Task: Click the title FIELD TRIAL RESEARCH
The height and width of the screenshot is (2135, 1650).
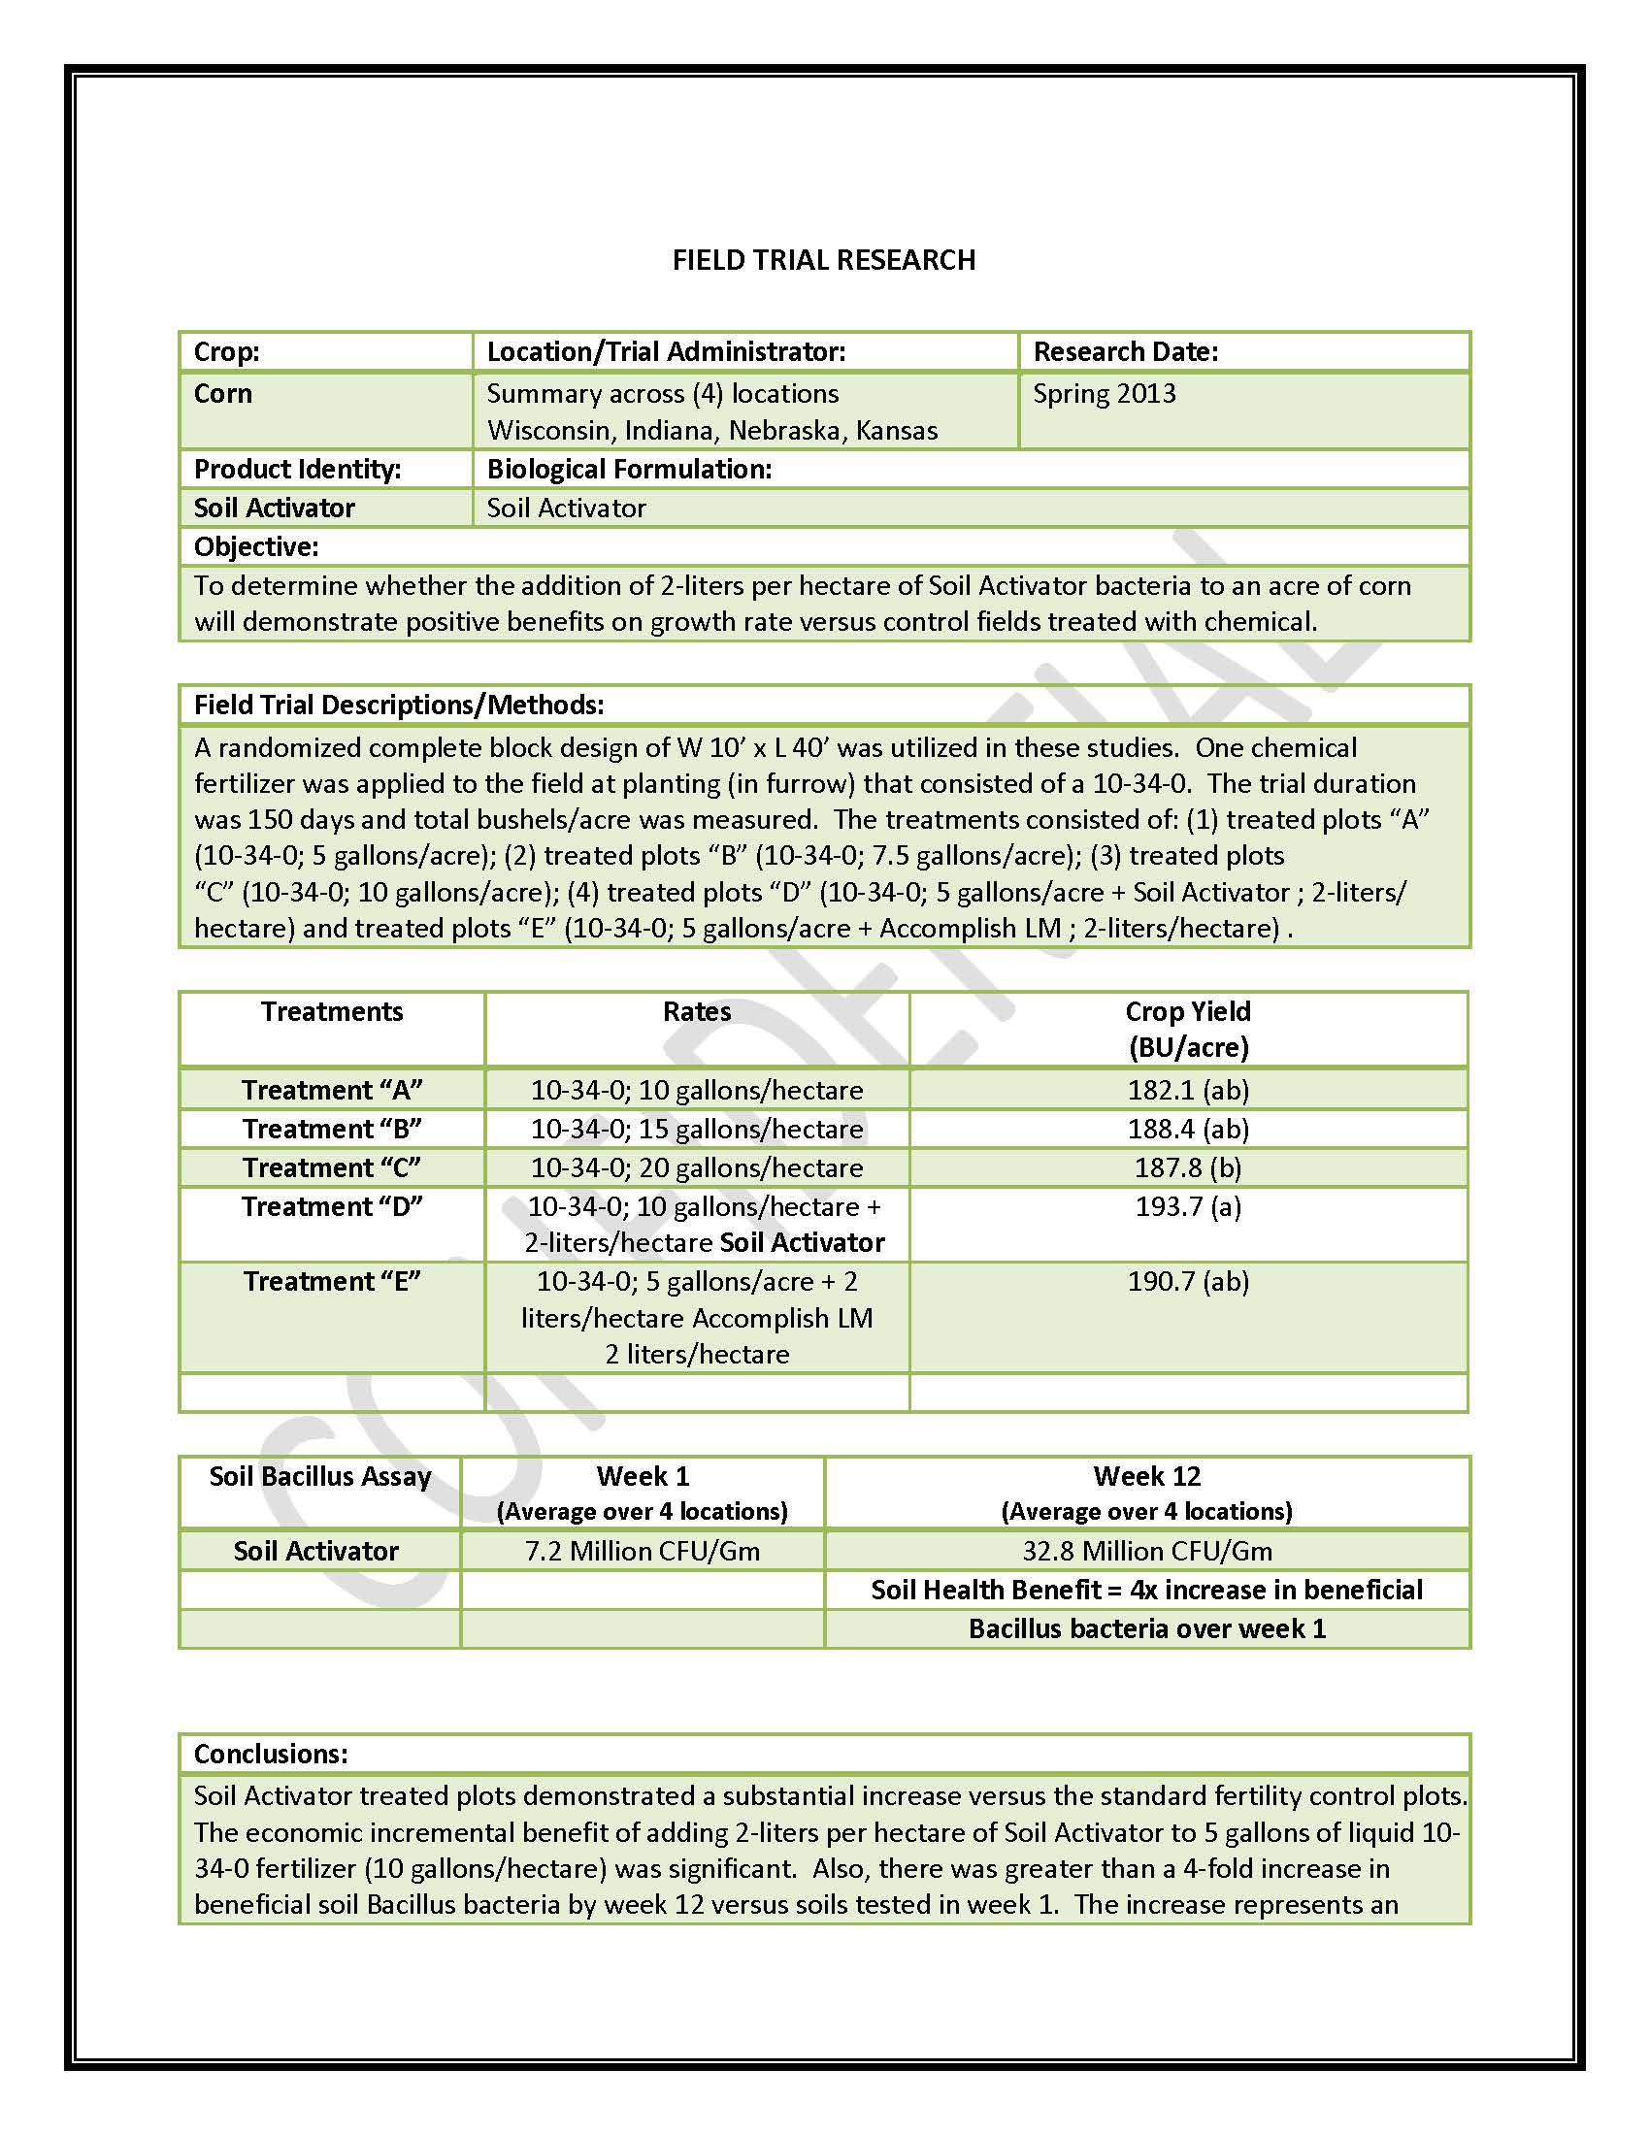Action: (823, 260)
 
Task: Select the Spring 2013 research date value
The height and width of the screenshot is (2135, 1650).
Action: (1104, 394)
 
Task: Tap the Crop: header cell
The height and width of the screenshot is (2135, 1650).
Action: (227, 352)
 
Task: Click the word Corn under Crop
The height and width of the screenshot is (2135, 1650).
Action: (223, 394)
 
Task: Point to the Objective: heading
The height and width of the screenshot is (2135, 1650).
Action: (256, 546)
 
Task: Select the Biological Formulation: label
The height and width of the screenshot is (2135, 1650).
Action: (629, 470)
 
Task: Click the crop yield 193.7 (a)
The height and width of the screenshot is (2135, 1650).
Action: (1188, 1207)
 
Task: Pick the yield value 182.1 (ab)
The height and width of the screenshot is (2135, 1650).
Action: (1188, 1090)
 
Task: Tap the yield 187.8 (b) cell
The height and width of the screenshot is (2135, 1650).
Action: (1188, 1168)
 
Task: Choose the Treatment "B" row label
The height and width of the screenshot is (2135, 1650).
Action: (331, 1129)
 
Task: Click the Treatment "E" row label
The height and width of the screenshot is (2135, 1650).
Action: (331, 1282)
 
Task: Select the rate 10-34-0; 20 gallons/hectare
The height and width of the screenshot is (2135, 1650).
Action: (696, 1168)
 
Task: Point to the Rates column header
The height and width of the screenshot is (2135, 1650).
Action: (696, 1012)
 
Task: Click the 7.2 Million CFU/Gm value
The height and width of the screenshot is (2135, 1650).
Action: (643, 1552)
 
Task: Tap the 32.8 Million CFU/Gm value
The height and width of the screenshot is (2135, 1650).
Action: (1146, 1552)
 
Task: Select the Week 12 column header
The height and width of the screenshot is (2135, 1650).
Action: (1146, 1476)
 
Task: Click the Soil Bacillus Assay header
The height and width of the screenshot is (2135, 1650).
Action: (319, 1476)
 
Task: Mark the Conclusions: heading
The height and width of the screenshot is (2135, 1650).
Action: (271, 1754)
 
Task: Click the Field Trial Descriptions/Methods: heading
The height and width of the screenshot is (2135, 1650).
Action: (399, 705)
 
